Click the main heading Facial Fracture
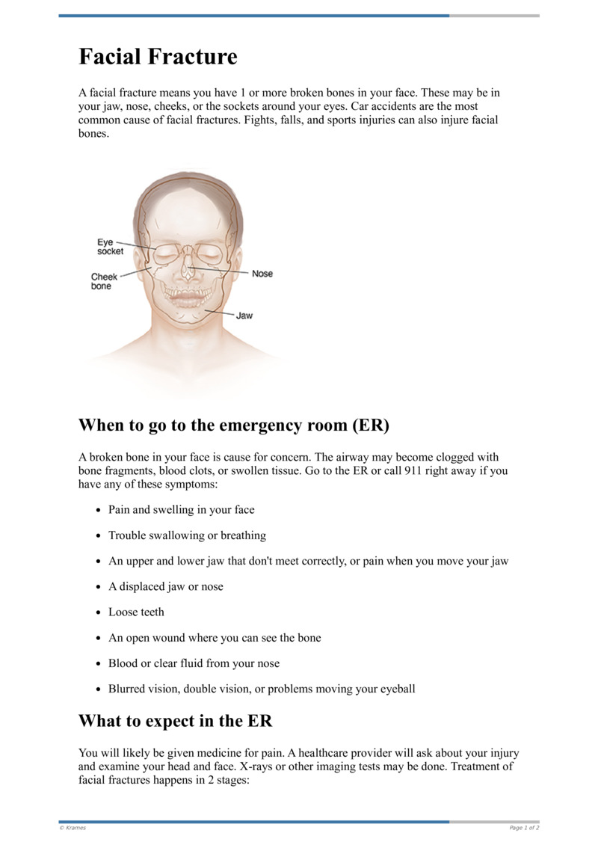pos(158,57)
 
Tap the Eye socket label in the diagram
pos(110,247)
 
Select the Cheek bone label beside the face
pos(104,281)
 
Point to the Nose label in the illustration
pos(262,274)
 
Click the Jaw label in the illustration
pos(244,316)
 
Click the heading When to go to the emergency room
pos(234,425)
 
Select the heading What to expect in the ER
pos(176,722)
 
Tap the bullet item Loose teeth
pos(136,612)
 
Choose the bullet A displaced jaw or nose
pos(165,586)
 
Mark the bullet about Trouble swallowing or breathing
pos(187,535)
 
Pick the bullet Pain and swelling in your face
pos(181,510)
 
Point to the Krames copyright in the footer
pos(73,828)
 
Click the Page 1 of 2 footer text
pos(524,828)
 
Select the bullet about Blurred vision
pos(262,688)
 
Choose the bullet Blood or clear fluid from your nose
pos(194,663)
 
